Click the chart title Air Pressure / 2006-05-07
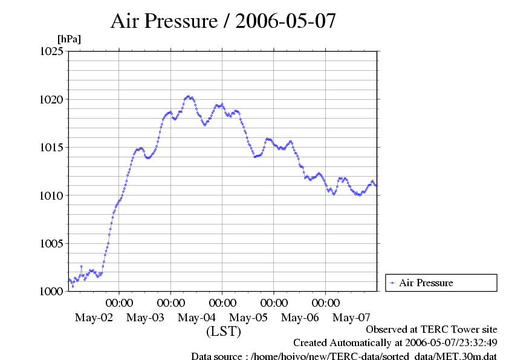pos(223,21)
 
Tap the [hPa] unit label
pos(68,39)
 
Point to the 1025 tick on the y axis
pos(52,51)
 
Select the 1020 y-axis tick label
pos(52,99)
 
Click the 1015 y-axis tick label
pos(52,147)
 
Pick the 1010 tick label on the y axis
pos(52,195)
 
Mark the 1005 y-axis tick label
pos(52,243)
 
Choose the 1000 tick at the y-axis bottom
pos(52,291)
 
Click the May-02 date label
pos(94,318)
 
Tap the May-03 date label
pos(145,318)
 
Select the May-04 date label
pos(197,318)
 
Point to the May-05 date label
pos(248,318)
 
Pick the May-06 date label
pos(300,318)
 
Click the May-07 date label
pos(352,318)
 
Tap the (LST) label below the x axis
pos(223,332)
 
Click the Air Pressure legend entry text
pos(426,283)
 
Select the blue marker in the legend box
pos(392,283)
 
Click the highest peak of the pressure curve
pos(189,96)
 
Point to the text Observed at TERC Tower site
pos(432,330)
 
